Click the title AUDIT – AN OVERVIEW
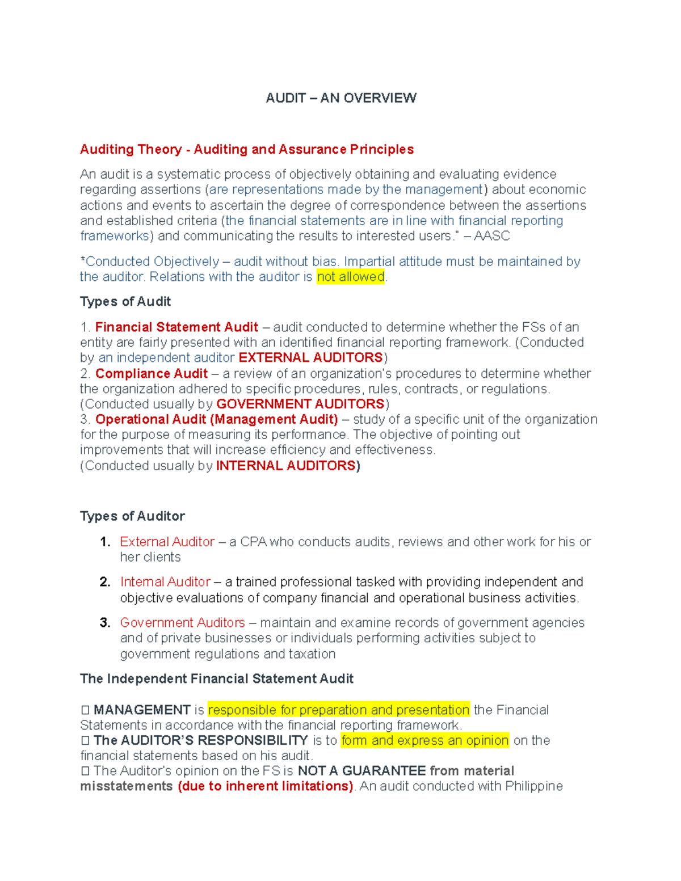point(340,98)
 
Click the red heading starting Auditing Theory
point(246,149)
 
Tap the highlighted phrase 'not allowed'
point(350,277)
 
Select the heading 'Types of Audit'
point(125,302)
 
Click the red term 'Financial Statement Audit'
point(176,327)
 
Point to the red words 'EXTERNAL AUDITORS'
point(310,358)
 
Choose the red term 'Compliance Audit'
point(152,374)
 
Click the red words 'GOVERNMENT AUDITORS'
point(300,404)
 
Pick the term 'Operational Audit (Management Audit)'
point(216,419)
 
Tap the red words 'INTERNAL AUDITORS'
point(286,466)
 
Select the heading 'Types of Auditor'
point(132,516)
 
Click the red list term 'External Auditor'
point(167,542)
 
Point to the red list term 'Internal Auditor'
point(165,582)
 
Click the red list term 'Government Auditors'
point(182,623)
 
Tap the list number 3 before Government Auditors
point(104,623)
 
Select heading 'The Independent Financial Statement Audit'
point(216,679)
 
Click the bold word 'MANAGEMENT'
point(142,710)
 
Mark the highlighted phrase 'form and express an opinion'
point(424,741)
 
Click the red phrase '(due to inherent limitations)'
point(266,786)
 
